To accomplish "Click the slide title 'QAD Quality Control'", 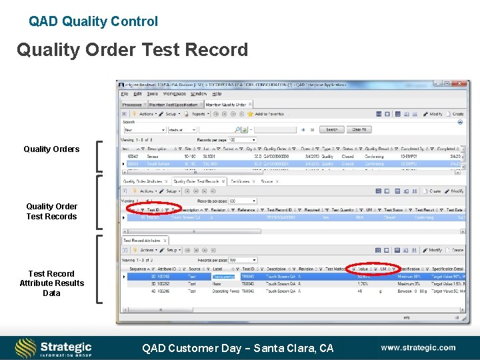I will click(93, 21).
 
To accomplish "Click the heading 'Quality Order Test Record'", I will click(132, 50).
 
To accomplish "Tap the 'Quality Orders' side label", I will click(51, 149).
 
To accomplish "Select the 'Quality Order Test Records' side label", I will click(51, 211).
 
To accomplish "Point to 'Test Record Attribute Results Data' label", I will click(51, 283).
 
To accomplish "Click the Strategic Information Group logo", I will click(53, 347).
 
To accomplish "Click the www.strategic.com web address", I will click(418, 347).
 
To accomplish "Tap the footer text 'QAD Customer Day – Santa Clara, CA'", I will click(237, 348).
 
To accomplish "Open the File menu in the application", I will click(125, 94).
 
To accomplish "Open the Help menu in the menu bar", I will click(217, 94).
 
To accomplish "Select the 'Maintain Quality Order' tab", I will click(225, 105).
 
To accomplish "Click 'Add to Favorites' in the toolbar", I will click(269, 114).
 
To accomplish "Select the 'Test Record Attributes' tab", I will click(141, 240).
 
